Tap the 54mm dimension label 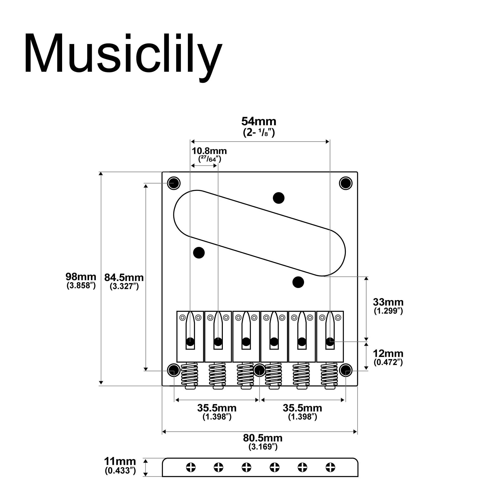(x=259, y=121)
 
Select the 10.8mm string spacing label (x=209, y=151)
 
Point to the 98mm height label (x=81, y=276)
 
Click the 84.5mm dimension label (x=124, y=278)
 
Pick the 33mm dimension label (x=388, y=302)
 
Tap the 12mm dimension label (x=388, y=353)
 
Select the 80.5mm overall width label (x=263, y=438)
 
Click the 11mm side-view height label (x=120, y=461)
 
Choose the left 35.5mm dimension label (x=217, y=408)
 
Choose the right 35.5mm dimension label (x=302, y=408)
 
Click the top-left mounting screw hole (x=174, y=183)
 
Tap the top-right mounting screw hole (x=346, y=183)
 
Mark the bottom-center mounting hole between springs (x=260, y=370)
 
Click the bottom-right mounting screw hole (x=346, y=370)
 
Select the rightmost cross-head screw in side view (x=330, y=467)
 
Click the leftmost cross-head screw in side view (x=191, y=467)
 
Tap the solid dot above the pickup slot (x=278, y=198)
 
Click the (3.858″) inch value (x=81, y=286)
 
